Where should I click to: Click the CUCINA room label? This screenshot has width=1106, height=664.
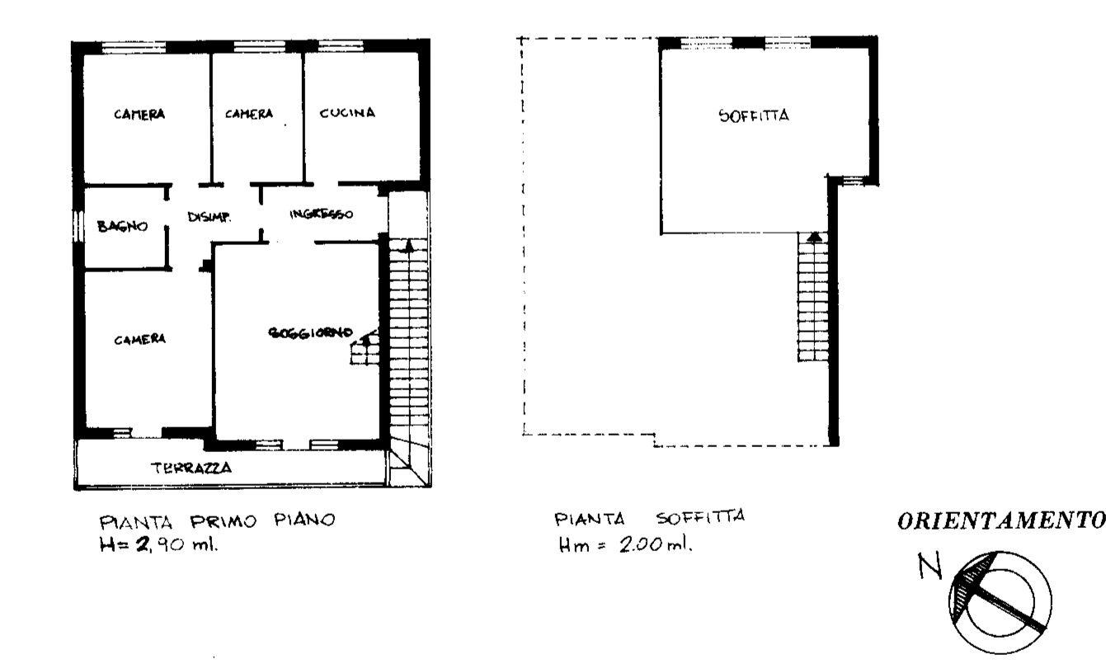pyautogui.click(x=347, y=113)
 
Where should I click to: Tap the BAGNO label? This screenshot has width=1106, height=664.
pyautogui.click(x=122, y=226)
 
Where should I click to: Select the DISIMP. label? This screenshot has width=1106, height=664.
pyautogui.click(x=209, y=217)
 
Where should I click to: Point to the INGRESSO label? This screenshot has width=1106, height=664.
pyautogui.click(x=322, y=214)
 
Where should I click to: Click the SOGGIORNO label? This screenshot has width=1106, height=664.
pyautogui.click(x=311, y=332)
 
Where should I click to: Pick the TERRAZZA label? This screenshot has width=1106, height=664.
pyautogui.click(x=191, y=468)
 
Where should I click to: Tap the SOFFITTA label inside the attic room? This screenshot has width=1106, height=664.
pyautogui.click(x=754, y=116)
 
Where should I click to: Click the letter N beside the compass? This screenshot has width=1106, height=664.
pyautogui.click(x=930, y=566)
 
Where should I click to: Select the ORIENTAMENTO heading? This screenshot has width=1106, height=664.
pyautogui.click(x=1001, y=520)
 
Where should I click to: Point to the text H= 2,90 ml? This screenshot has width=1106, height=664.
pyautogui.click(x=158, y=544)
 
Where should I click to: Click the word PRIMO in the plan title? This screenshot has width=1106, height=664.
pyautogui.click(x=224, y=520)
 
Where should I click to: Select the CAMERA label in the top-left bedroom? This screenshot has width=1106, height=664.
pyautogui.click(x=139, y=114)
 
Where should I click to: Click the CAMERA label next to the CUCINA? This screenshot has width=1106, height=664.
pyautogui.click(x=249, y=114)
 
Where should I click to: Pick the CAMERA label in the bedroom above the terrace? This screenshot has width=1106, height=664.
pyautogui.click(x=139, y=340)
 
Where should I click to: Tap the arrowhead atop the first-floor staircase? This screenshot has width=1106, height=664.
pyautogui.click(x=408, y=246)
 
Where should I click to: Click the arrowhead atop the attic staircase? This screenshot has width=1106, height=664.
pyautogui.click(x=814, y=237)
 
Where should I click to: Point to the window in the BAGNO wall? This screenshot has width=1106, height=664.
pyautogui.click(x=77, y=227)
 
